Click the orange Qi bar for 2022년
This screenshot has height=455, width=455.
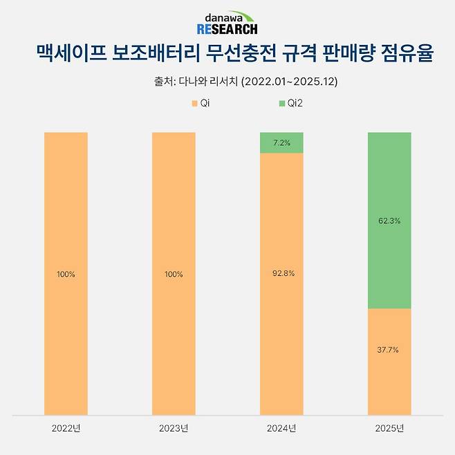tap(66, 207)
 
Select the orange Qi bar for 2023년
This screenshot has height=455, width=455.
tap(174, 207)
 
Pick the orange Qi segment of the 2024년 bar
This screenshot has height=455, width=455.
tap(281, 311)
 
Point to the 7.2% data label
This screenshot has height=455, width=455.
tap(281, 142)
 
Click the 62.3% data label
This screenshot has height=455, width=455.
tap(389, 221)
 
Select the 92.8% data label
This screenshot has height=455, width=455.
tap(281, 274)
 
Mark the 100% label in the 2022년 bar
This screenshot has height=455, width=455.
tap(66, 275)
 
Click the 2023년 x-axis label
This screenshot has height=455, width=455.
tap(174, 429)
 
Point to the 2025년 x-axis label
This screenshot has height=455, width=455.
tap(389, 429)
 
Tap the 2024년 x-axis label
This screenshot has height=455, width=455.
tap(281, 429)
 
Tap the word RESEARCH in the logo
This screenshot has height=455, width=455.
tap(227, 29)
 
